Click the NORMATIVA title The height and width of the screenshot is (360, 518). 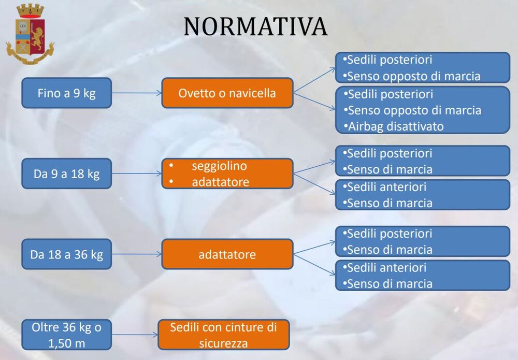255,26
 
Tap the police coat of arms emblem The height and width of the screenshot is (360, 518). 30,34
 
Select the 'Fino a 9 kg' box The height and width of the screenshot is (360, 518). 67,93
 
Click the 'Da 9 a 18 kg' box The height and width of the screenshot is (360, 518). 67,174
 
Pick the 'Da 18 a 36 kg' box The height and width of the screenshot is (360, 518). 67,254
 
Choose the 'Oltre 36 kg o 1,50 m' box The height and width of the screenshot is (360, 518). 67,335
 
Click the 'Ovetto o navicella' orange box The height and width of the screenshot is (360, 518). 227,93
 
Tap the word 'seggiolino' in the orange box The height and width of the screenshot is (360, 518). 219,166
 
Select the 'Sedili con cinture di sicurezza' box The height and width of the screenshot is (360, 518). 224,335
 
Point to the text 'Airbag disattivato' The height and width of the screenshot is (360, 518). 396,126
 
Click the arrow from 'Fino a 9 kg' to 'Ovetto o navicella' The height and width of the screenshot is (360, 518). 137,93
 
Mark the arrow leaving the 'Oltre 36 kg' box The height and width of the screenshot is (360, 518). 135,335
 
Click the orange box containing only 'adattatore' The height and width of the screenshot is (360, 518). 227,254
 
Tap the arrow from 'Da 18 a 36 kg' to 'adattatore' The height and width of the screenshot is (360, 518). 137,254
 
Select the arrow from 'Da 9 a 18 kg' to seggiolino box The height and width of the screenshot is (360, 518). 137,174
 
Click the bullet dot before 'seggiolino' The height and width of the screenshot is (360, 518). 171,165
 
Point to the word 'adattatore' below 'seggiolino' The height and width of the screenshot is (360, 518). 220,182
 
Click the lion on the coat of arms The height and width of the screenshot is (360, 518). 38,37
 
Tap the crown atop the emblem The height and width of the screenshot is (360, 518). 30,10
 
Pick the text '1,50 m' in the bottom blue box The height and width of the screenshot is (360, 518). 67,343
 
